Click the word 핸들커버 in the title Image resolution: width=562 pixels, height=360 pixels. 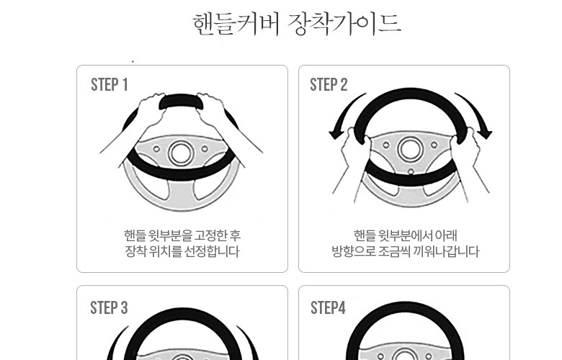[236, 24]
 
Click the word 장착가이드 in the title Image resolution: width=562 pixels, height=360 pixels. [344, 24]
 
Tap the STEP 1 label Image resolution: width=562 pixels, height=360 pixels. [110, 85]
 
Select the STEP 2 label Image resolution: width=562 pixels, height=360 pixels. [329, 85]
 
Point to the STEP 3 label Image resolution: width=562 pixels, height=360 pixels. [109, 307]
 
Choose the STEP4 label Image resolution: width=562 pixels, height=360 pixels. [328, 307]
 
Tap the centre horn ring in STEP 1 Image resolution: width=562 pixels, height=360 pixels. [181, 153]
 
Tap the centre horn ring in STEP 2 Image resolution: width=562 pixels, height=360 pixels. [410, 149]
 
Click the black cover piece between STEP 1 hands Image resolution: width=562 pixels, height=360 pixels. [182, 102]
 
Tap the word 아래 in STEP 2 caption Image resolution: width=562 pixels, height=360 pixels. [446, 235]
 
